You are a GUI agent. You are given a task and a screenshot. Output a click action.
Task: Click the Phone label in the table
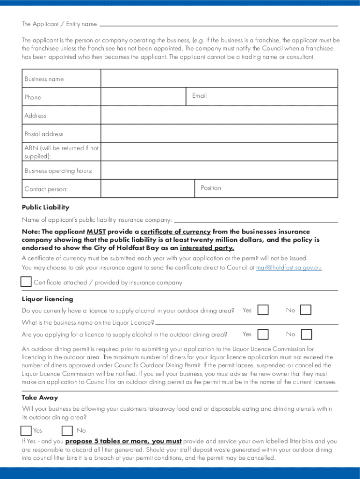click(33, 97)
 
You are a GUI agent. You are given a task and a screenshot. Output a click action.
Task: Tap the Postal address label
click(43, 134)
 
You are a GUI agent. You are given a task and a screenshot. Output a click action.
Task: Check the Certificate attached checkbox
click(26, 282)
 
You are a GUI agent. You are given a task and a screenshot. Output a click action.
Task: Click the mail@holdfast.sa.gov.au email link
click(289, 268)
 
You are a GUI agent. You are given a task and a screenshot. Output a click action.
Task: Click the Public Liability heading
click(45, 207)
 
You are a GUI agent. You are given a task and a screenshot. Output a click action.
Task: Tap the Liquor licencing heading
click(47, 299)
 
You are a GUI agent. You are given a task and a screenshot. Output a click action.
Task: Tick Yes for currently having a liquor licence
click(263, 310)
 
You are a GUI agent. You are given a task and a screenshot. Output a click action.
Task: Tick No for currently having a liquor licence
click(306, 310)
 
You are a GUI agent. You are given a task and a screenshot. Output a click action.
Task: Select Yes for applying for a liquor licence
click(263, 334)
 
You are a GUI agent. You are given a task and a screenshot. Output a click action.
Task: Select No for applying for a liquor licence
click(306, 334)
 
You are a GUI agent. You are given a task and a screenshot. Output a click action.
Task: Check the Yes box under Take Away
click(26, 430)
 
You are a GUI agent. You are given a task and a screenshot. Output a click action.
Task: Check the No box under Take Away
click(67, 430)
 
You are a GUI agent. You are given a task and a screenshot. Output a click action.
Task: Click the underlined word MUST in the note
click(96, 232)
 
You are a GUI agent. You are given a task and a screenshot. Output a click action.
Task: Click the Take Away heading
click(40, 398)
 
